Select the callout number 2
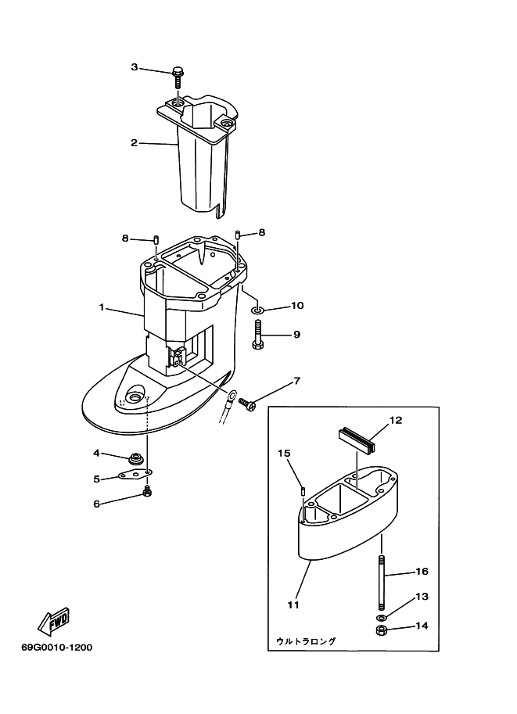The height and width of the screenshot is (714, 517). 134,142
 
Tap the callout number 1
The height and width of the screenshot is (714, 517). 102,307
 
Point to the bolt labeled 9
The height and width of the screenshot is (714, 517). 259,337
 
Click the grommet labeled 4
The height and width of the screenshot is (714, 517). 137,457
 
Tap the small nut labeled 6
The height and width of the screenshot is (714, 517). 145,492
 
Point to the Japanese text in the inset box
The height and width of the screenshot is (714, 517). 306,641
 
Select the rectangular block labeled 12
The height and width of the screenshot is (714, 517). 357,439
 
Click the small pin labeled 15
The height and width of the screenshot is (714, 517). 302,490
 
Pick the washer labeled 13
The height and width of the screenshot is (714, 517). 381,618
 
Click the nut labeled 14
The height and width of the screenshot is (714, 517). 381,630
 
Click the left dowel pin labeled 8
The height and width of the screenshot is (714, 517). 156,239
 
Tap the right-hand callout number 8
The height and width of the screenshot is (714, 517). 262,232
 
